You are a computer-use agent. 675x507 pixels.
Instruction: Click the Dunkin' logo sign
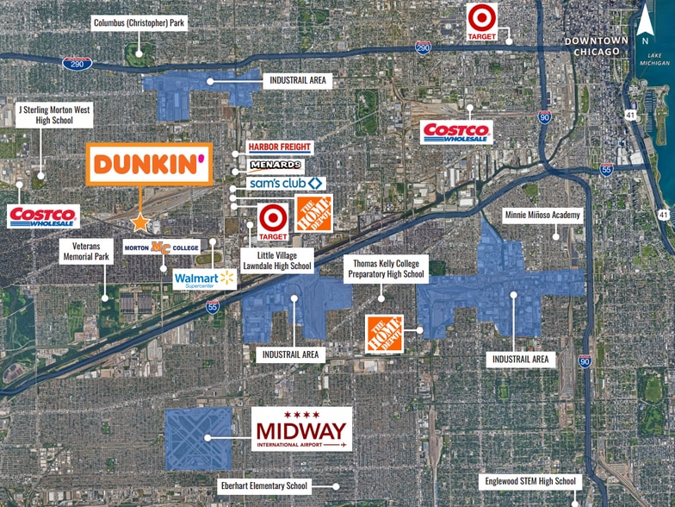coord(149,164)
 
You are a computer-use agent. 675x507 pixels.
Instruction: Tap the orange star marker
coord(139,222)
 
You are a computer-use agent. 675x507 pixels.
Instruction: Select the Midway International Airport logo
coord(301,429)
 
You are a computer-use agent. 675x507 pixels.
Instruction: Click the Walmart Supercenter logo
coord(204,279)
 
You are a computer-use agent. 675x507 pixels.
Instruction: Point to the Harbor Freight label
coord(280,147)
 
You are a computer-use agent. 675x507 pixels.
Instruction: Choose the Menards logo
coord(276,165)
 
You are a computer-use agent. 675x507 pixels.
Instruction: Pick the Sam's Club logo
coord(286,183)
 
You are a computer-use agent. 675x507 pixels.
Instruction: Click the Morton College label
coord(162,247)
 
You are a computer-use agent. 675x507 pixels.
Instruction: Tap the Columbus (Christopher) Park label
coord(139,23)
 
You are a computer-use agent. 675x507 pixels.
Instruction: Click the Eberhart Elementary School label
coord(263,485)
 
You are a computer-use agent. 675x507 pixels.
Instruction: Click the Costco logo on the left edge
coord(43,216)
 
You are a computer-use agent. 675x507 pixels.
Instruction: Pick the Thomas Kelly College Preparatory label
coord(386,269)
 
